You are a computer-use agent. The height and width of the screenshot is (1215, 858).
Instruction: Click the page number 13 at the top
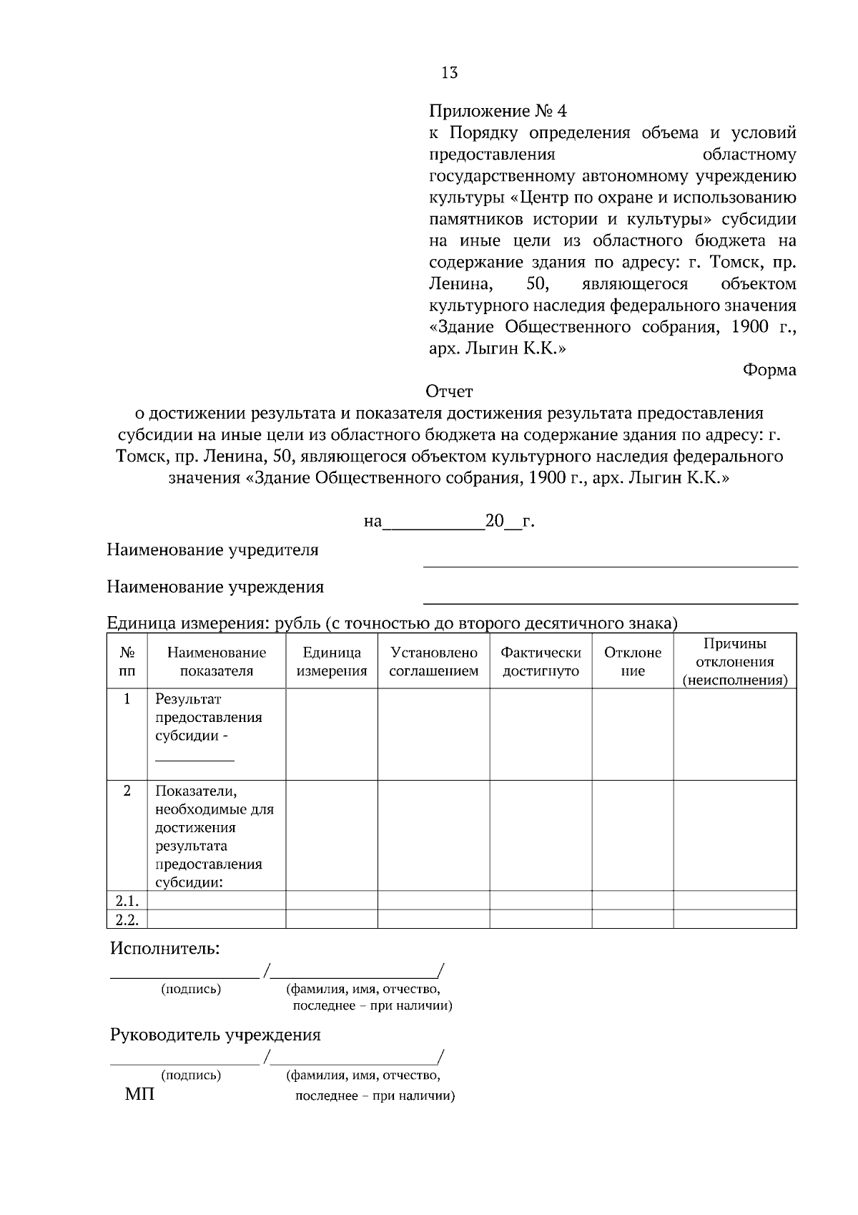[450, 72]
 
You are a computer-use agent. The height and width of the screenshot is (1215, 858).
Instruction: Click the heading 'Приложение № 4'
[498, 111]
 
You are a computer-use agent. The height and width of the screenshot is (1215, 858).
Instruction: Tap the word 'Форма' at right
[769, 370]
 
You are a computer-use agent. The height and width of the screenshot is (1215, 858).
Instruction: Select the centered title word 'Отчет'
[449, 391]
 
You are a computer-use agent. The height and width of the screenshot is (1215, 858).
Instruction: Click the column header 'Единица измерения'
[332, 661]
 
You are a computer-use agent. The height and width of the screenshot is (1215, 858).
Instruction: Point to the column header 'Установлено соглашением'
[433, 661]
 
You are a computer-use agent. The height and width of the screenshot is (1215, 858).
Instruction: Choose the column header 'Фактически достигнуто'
[541, 661]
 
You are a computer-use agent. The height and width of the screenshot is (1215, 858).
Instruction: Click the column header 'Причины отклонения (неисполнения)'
[734, 661]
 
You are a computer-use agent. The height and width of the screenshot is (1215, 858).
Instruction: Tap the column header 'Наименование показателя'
[216, 661]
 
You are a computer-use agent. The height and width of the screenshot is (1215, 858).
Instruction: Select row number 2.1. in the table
[127, 901]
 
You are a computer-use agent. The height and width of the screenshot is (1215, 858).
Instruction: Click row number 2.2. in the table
[127, 919]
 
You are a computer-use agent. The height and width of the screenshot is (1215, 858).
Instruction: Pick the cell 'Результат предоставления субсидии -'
[209, 718]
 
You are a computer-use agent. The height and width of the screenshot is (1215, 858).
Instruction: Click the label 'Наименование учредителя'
[212, 550]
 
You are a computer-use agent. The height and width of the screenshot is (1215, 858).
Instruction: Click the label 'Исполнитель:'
[164, 949]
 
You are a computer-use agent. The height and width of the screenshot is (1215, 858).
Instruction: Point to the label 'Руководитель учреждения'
[215, 1035]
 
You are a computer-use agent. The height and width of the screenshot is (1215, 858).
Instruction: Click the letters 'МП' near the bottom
[139, 1095]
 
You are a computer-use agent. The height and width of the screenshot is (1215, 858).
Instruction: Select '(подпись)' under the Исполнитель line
[191, 990]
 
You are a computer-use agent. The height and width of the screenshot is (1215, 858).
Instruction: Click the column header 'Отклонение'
[633, 661]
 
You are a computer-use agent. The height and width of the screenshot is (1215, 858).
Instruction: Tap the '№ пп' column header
[127, 661]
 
